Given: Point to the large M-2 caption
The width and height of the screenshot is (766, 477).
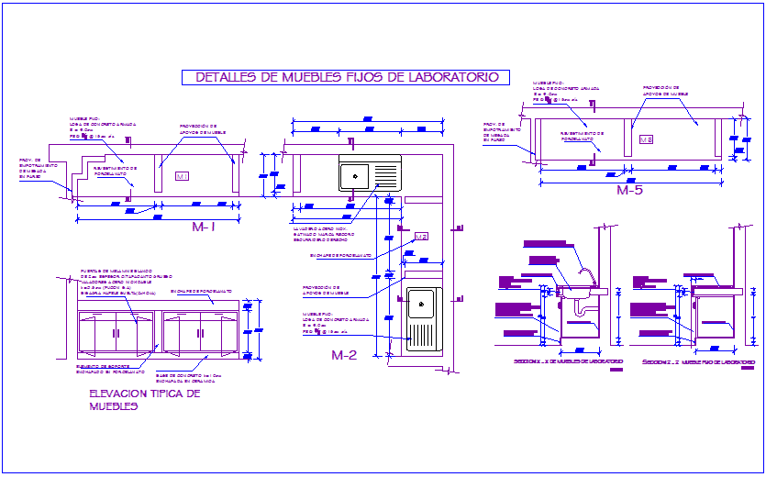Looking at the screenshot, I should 343,355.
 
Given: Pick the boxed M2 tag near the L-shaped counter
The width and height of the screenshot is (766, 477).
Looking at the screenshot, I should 421,237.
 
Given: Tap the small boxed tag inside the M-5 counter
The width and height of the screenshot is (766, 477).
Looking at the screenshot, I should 647,139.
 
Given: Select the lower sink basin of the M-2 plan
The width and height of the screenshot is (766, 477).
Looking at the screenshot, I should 422,303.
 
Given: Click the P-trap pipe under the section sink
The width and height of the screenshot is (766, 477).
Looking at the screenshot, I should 580,312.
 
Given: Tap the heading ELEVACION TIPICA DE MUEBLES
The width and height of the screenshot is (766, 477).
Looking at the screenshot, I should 144,399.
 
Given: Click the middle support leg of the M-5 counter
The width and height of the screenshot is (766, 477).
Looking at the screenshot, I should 632,132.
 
